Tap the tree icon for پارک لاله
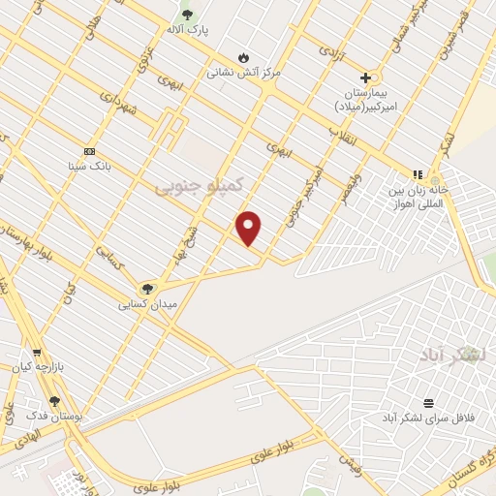coord(187,14)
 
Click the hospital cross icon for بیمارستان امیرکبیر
coord(365,77)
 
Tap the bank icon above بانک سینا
coord(89,151)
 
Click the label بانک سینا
coord(89,167)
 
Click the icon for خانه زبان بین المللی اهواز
coord(418,174)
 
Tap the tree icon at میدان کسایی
coord(147,289)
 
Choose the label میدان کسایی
coord(140,304)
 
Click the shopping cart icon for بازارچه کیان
coord(37,353)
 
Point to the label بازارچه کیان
coord(44,368)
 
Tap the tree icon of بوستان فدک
coord(54,400)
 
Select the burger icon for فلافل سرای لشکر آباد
coord(428,403)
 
